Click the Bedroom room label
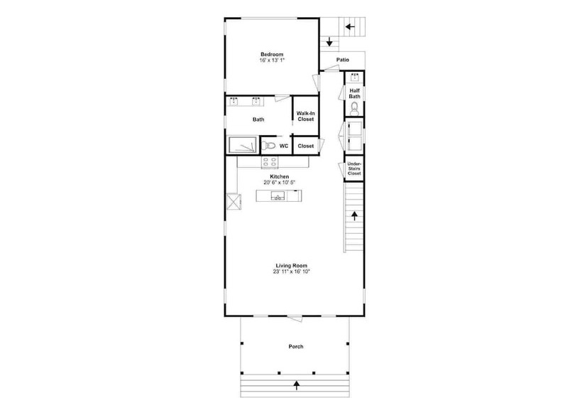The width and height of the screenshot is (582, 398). tap(272, 54)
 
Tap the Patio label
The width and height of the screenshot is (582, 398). tap(343, 60)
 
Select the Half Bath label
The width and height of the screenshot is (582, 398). tap(354, 93)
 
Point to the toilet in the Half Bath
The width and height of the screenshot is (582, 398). tap(354, 108)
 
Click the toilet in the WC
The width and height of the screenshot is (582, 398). tap(268, 146)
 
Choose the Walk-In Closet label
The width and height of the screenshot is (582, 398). tap(305, 117)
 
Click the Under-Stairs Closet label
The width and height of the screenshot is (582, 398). tap(354, 168)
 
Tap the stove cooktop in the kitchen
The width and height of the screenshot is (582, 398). tap(270, 162)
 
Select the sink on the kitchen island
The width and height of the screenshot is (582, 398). tap(278, 196)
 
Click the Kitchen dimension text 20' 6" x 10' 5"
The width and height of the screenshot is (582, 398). tap(280, 183)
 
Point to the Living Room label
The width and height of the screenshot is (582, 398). tap(292, 266)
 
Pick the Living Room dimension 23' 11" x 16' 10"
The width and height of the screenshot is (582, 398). tap(292, 271)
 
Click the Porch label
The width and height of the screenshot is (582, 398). tap(296, 347)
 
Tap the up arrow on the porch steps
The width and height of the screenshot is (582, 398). tap(297, 385)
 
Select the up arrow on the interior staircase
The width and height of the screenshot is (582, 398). tap(354, 216)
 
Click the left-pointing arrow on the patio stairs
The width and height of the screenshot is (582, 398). tap(350, 27)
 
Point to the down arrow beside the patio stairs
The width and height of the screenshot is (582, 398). tap(329, 42)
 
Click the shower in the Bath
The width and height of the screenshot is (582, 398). tap(243, 144)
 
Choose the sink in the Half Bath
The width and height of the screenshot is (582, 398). tap(355, 77)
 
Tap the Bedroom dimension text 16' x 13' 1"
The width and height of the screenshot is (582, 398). tap(272, 60)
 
